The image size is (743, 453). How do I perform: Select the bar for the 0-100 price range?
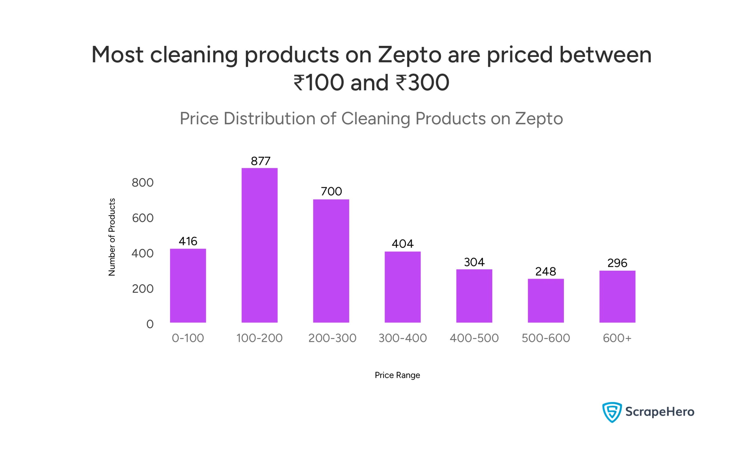188,286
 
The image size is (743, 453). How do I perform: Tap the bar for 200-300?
331,261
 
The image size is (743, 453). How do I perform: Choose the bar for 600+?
617,296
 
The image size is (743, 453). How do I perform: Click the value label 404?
403,244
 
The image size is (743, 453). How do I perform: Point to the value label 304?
474,262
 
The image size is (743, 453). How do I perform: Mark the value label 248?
545,272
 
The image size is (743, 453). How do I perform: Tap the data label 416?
188,241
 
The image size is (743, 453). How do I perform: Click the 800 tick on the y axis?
143,182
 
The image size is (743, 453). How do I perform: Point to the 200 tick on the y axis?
143,289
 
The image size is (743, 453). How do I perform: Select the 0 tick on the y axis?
150,324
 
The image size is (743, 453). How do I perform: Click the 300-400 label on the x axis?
403,338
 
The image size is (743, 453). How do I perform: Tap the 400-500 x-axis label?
474,338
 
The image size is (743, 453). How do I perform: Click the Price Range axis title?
397,375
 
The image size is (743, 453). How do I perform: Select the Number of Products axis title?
112,237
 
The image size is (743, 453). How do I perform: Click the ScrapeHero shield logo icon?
612,412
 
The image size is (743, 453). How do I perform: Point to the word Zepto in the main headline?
410,55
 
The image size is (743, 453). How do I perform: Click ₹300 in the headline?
422,83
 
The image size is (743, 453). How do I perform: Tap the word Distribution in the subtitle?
269,118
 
